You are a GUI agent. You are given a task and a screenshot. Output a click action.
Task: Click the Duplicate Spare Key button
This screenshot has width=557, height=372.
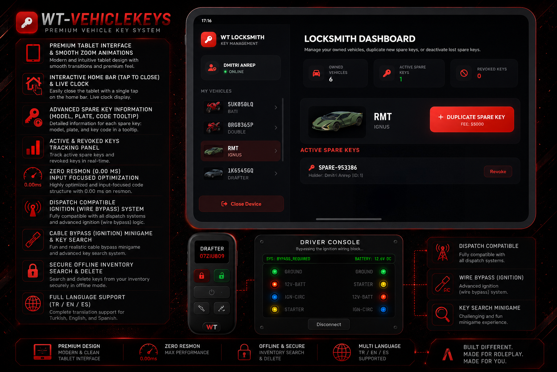click(472, 120)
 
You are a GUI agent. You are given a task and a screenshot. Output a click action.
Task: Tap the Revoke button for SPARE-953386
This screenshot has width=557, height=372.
click(498, 171)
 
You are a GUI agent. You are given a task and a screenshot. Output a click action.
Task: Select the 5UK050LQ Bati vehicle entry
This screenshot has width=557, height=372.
click(240, 108)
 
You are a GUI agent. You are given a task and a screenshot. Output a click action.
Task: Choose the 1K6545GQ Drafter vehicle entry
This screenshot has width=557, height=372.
click(240, 174)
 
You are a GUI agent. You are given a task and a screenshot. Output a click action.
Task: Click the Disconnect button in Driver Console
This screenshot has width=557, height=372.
click(329, 324)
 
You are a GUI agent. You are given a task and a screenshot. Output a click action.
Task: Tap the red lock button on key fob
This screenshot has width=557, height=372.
click(202, 276)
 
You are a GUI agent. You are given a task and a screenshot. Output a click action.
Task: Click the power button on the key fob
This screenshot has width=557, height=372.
click(212, 292)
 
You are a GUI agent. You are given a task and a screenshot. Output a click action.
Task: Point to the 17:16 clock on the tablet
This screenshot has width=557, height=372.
click(206, 21)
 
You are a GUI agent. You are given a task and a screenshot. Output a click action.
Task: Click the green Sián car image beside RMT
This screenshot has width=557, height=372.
click(337, 122)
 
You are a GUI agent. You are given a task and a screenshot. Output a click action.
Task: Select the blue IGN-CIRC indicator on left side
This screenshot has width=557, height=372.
click(275, 297)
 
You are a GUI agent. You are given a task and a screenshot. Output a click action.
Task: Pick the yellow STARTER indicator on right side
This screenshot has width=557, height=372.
click(383, 284)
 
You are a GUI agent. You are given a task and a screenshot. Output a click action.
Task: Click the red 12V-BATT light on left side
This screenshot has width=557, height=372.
click(275, 284)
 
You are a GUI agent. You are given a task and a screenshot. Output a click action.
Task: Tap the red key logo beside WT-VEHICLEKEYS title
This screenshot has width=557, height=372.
click(27, 22)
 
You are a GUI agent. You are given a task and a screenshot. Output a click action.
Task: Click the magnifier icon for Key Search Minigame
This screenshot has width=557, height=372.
click(443, 315)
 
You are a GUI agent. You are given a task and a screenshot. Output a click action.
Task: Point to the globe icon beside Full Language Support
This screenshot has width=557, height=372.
click(33, 303)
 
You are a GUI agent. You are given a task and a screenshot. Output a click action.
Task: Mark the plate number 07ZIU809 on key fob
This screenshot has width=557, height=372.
click(212, 256)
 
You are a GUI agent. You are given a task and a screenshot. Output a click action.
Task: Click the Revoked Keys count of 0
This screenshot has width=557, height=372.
click(479, 76)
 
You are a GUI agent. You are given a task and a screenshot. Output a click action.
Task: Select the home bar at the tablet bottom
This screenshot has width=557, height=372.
click(348, 219)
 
